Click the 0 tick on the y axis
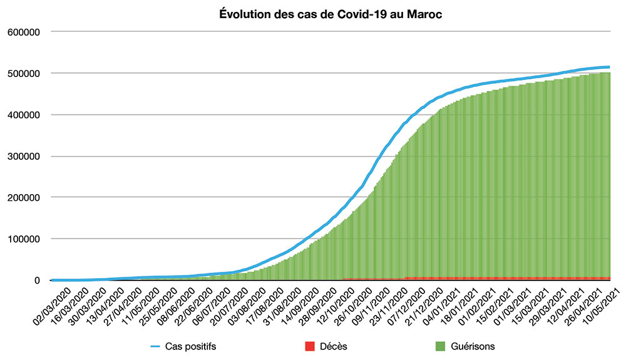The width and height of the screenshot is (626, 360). point(38,280)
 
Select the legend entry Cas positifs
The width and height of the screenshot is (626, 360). point(192,346)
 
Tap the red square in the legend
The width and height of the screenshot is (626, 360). point(308,346)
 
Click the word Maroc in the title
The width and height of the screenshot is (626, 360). point(426,14)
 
